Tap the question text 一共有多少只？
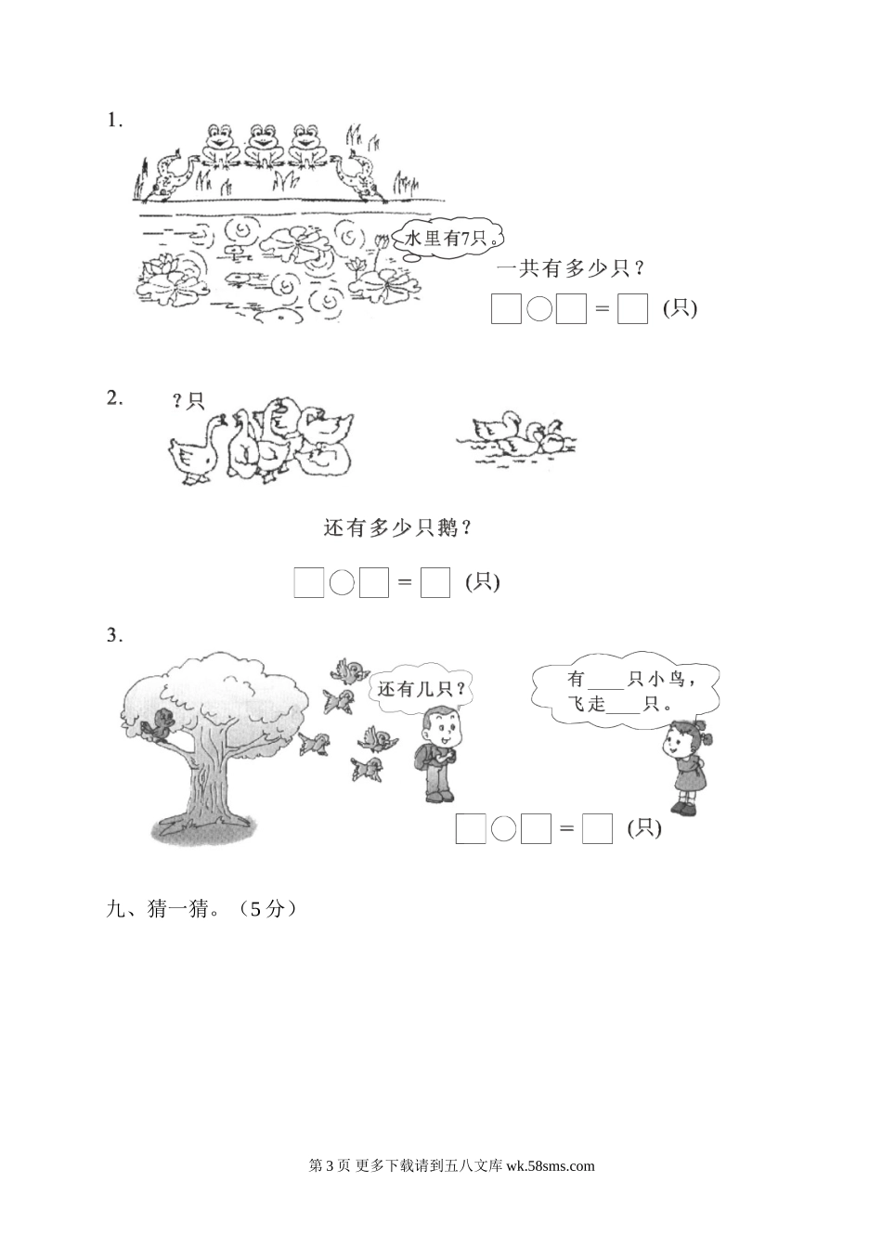coord(571,269)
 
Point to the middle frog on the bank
coord(264,145)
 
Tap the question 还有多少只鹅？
coord(397,528)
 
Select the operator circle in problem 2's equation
coord(343,582)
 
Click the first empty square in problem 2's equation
coord(309,582)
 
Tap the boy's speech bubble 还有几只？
coord(420,690)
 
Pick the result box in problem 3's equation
coord(597,828)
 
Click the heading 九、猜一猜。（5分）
coord(202,910)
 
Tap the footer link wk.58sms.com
coord(551,1166)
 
